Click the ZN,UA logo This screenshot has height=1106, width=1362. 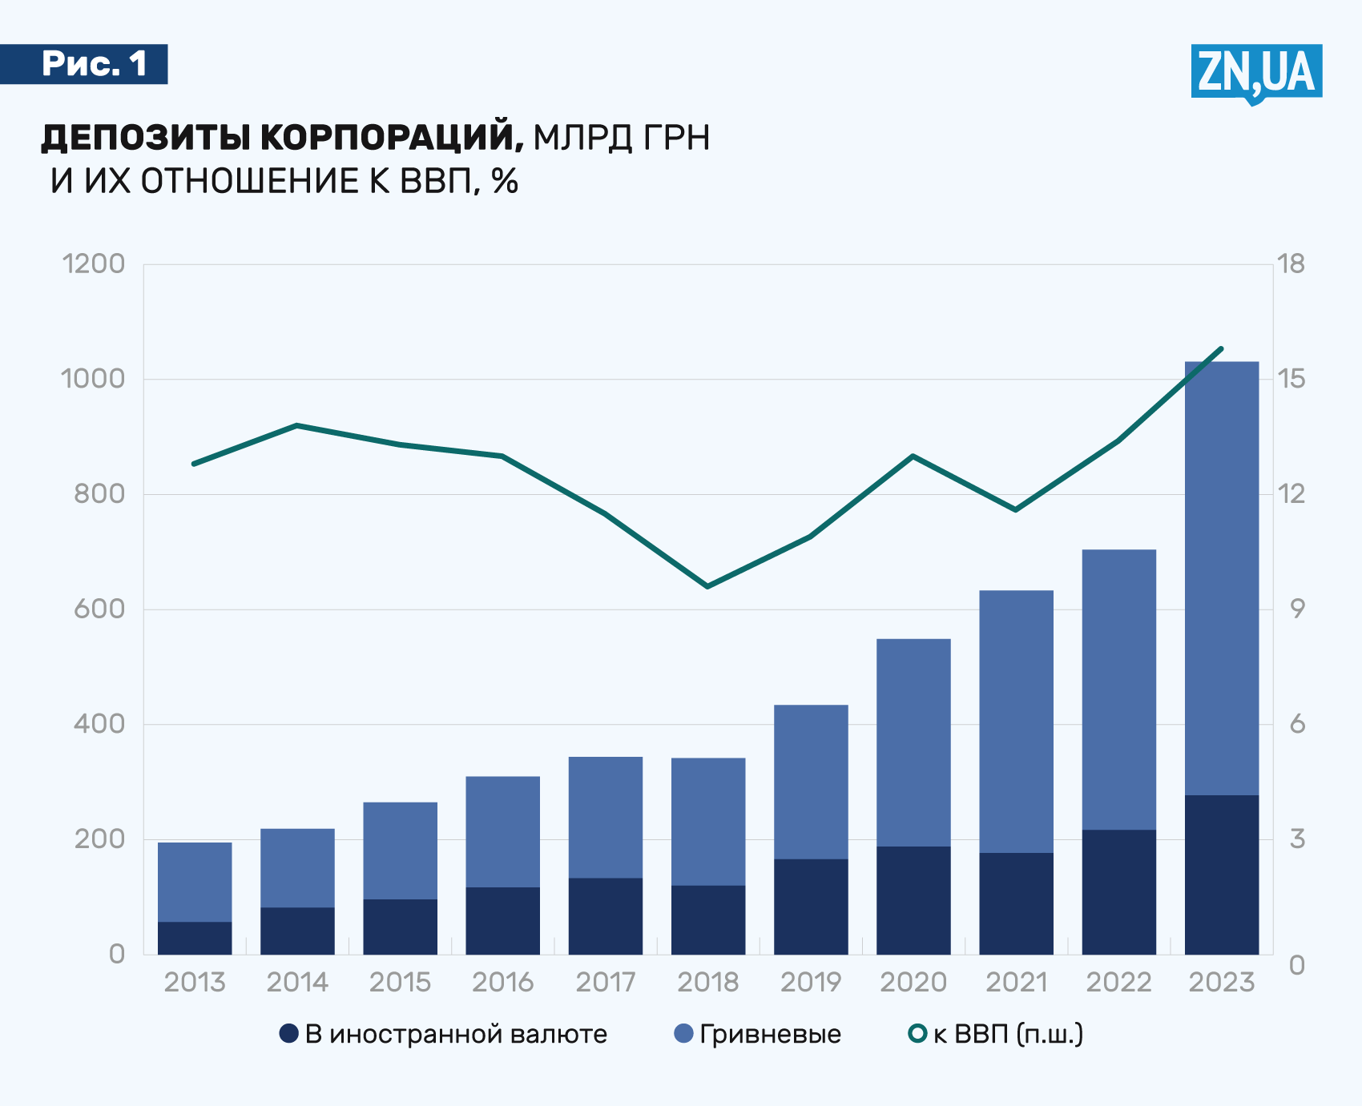[1255, 73]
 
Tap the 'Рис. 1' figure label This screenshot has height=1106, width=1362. [95, 64]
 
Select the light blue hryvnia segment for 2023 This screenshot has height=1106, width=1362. [1221, 577]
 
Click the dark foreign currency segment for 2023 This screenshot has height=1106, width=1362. [1221, 874]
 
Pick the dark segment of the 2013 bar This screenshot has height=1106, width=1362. [195, 938]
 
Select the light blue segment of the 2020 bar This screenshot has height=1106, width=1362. [913, 742]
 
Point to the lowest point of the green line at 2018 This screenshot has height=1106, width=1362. [707, 586]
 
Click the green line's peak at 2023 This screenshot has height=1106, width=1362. [1221, 349]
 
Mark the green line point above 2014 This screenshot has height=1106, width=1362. [297, 425]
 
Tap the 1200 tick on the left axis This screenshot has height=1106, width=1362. [94, 263]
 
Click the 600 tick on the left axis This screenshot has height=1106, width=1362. [99, 609]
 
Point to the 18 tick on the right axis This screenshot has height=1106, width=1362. [1291, 263]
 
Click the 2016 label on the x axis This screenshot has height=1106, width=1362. [502, 982]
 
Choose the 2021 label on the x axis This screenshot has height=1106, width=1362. [1016, 982]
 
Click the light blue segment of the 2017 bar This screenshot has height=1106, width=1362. [606, 817]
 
